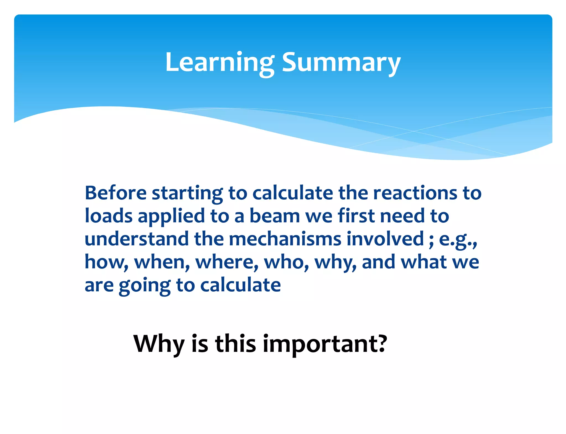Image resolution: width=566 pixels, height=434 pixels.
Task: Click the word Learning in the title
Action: point(220,63)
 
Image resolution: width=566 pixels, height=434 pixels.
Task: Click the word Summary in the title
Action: point(341,63)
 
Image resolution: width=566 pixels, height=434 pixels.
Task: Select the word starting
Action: point(187,194)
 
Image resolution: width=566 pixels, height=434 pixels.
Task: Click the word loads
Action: point(109,216)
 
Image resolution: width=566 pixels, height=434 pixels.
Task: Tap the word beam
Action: point(274,216)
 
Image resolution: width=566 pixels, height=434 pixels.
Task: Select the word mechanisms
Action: point(285,239)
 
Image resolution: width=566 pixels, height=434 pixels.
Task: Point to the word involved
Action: point(385,239)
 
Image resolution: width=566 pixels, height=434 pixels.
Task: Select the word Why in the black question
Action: point(159,344)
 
